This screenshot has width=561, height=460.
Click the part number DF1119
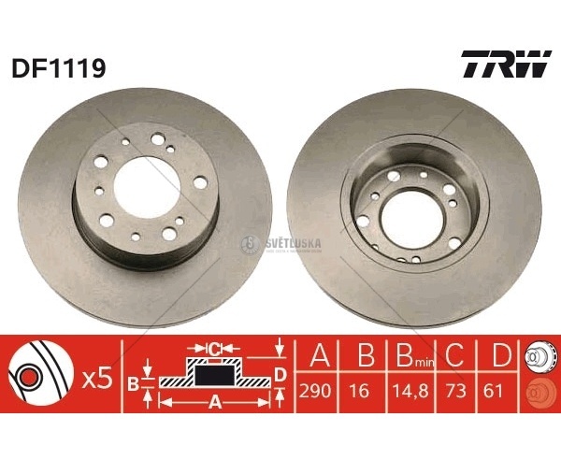tap(59, 68)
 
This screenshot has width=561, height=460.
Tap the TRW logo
tap(506, 64)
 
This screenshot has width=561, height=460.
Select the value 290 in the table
tap(315, 391)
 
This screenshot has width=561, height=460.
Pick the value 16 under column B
tap(360, 391)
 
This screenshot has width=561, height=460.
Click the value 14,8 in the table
tap(410, 391)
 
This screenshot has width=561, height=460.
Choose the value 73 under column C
tap(456, 391)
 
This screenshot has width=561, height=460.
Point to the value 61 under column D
tap(493, 391)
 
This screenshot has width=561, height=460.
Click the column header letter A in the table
tap(320, 354)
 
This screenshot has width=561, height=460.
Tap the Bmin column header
tap(415, 355)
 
